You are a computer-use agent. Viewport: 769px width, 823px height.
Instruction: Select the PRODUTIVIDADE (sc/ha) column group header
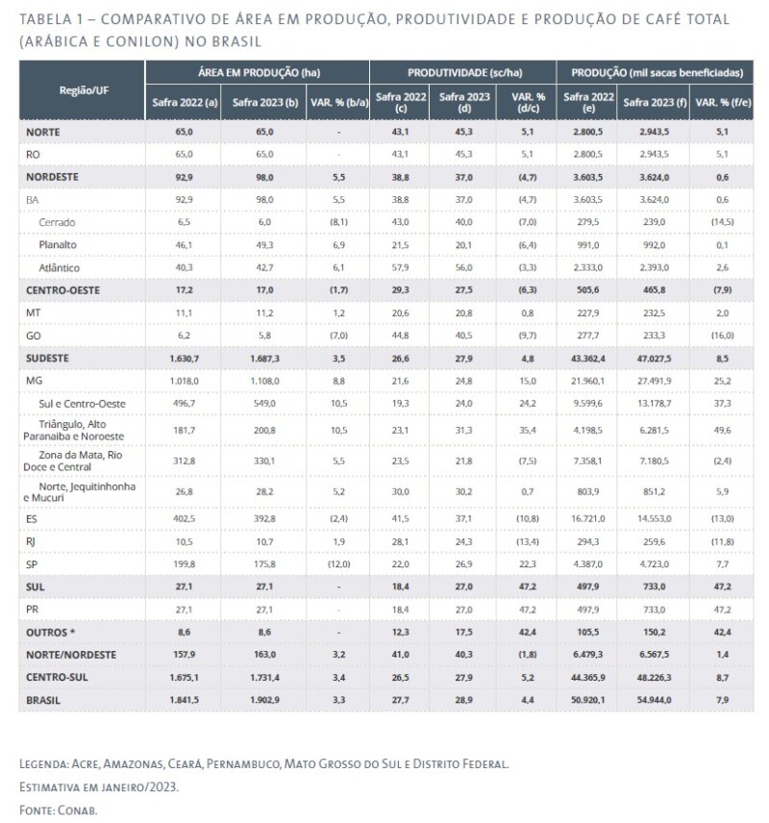(x=462, y=72)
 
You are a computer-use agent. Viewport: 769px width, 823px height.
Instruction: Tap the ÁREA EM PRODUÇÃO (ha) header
(x=257, y=72)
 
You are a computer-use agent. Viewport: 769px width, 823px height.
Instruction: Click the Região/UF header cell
(x=82, y=88)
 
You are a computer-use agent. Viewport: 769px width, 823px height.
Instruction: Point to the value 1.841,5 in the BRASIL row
(x=182, y=701)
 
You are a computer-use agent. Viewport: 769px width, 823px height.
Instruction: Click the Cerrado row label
(x=59, y=223)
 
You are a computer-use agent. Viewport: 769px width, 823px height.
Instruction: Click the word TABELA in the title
(x=45, y=20)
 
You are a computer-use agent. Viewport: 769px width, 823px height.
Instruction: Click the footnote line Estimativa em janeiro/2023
(x=98, y=786)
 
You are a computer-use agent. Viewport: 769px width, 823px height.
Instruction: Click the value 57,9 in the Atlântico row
(x=401, y=267)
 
